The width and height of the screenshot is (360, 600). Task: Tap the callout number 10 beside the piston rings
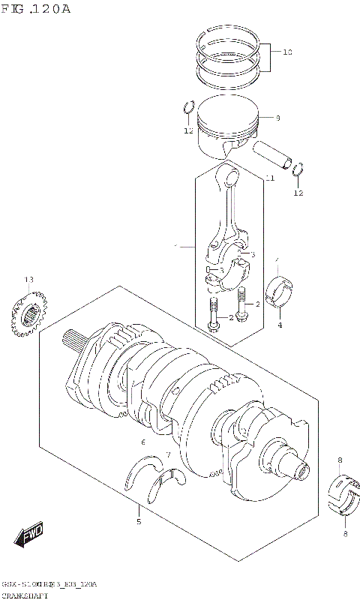(x=287, y=52)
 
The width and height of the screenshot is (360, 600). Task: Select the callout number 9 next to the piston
(x=277, y=118)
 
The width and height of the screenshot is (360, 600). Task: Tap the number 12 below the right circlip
(x=298, y=193)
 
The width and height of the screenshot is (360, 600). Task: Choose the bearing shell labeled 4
(x=282, y=293)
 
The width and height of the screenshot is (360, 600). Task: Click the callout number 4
(x=279, y=325)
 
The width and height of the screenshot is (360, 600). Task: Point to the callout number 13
(x=28, y=280)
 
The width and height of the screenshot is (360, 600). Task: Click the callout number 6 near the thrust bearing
(x=142, y=443)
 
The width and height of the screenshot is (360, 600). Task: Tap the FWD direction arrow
(x=28, y=537)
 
